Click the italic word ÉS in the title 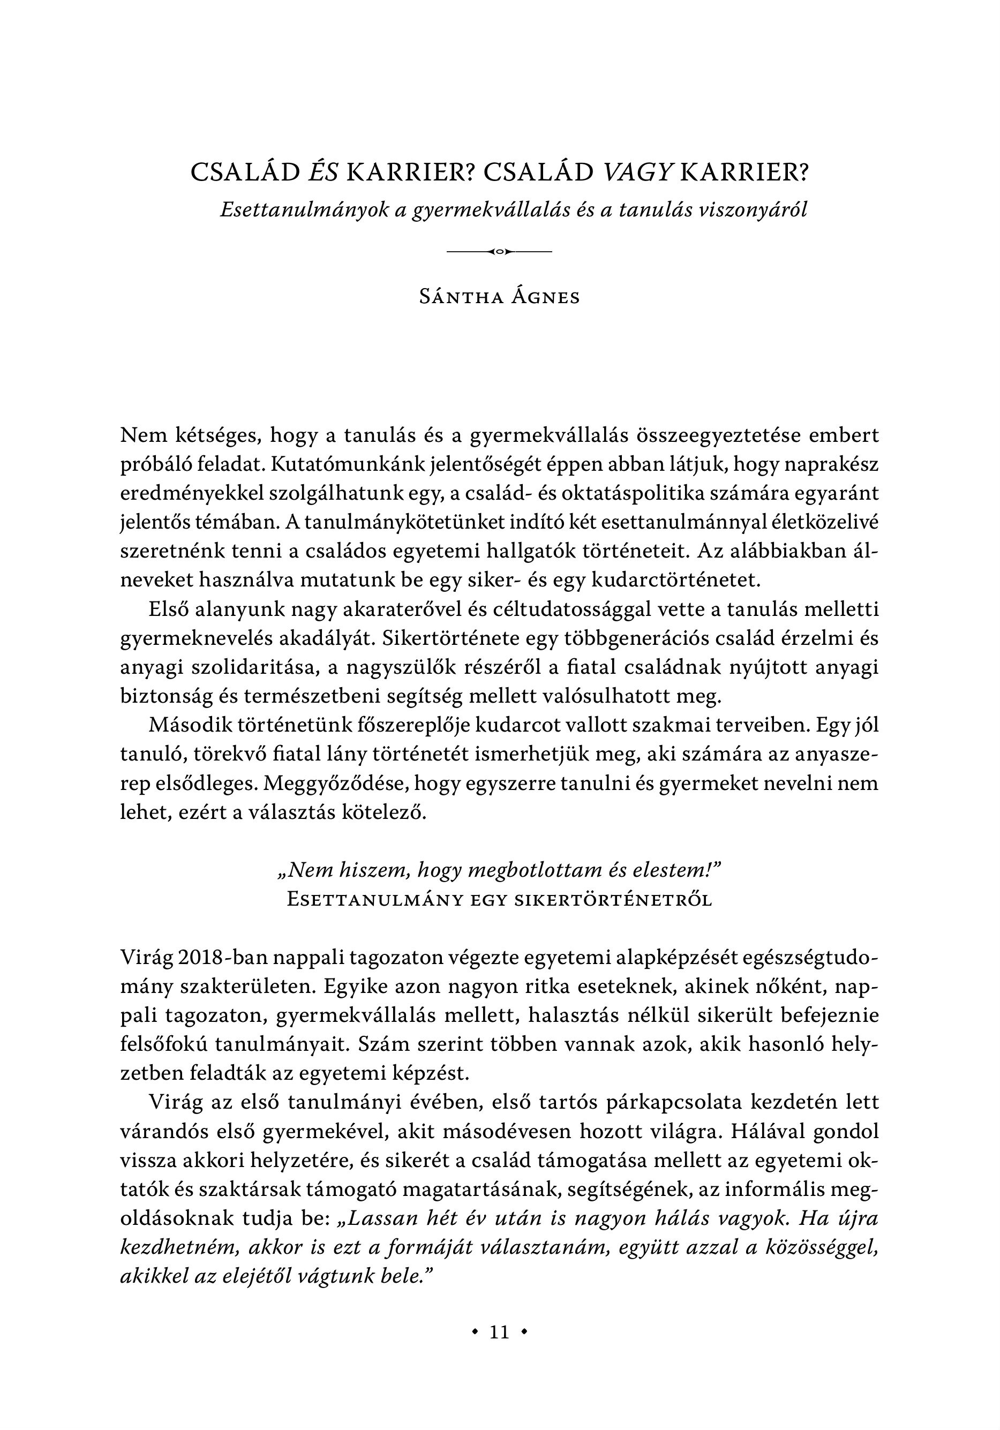tap(324, 172)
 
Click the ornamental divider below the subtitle tap(500, 252)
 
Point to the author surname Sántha tap(459, 297)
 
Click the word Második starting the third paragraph tap(189, 726)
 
